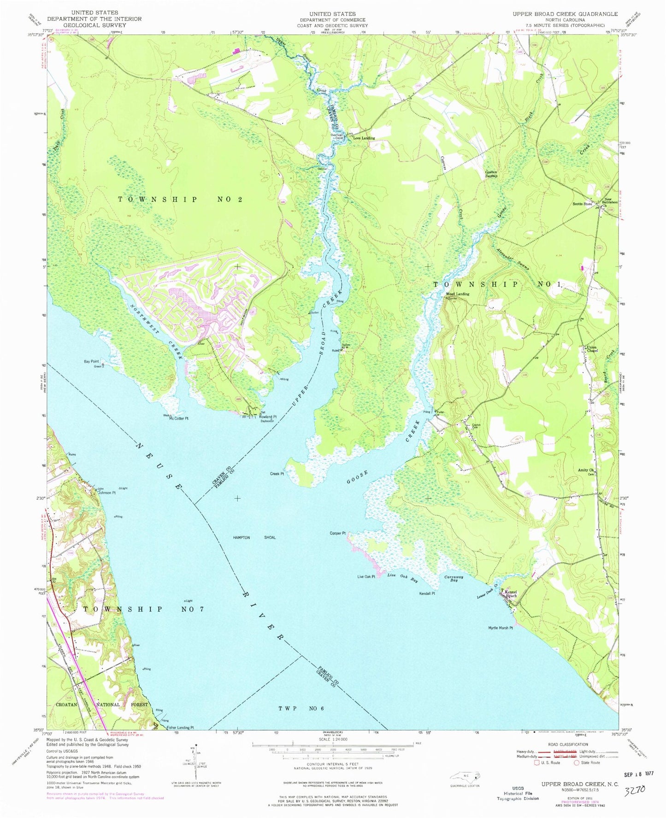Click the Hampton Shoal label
click(x=254, y=537)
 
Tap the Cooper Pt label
click(x=337, y=533)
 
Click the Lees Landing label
click(x=364, y=138)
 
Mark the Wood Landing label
click(x=457, y=294)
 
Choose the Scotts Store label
click(x=582, y=204)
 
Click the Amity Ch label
click(x=586, y=470)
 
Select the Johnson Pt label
click(x=106, y=493)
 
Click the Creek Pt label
click(x=277, y=473)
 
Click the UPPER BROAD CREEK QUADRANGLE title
click(x=565, y=14)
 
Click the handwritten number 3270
click(x=638, y=791)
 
